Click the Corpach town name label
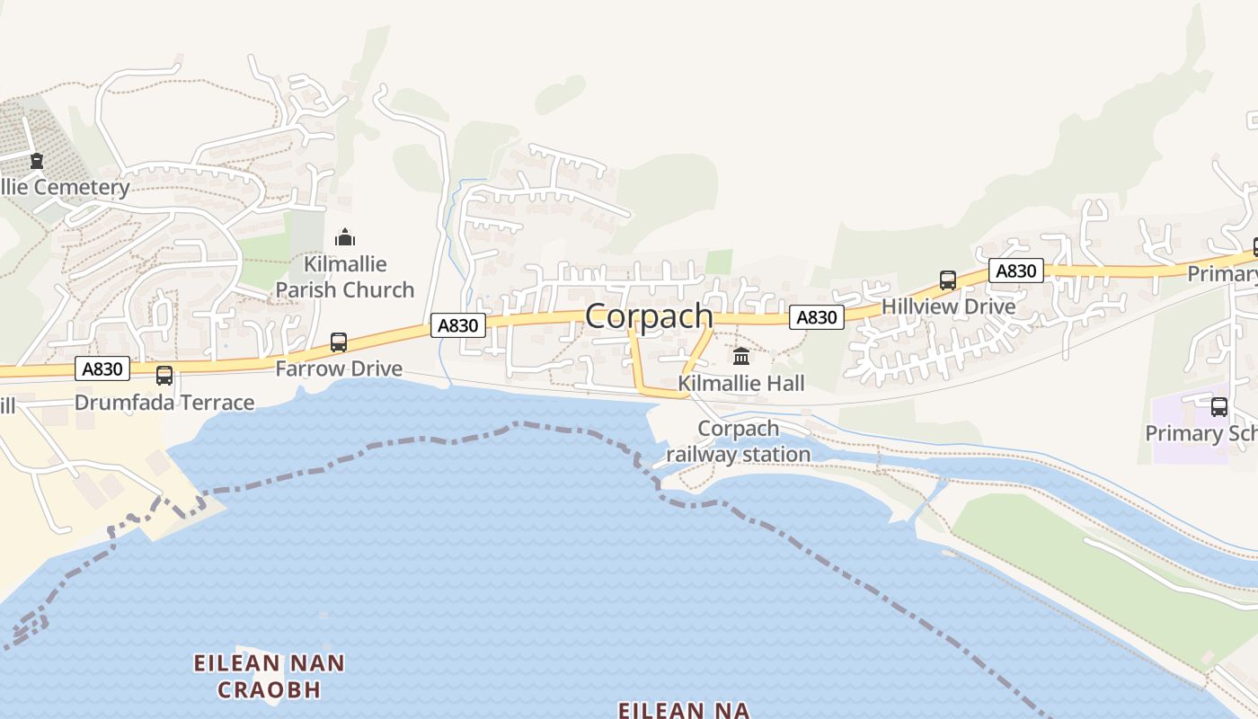pos(649,316)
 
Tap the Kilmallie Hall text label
pos(741,384)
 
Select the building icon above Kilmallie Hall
pos(741,356)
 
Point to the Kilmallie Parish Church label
pos(345,277)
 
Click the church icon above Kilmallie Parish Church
pos(345,237)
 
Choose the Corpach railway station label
pos(739,441)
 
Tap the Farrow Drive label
pos(339,368)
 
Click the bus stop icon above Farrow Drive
pos(339,342)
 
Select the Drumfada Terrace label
pos(164,402)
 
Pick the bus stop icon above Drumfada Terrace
pos(164,375)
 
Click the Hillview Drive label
pos(948,306)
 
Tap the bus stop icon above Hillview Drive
pos(948,280)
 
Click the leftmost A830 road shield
pos(102,368)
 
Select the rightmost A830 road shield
pos(1016,271)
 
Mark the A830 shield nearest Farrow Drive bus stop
pos(458,325)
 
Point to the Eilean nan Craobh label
pos(270,677)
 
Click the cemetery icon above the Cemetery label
pos(37,161)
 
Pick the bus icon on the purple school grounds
pos(1219,406)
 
